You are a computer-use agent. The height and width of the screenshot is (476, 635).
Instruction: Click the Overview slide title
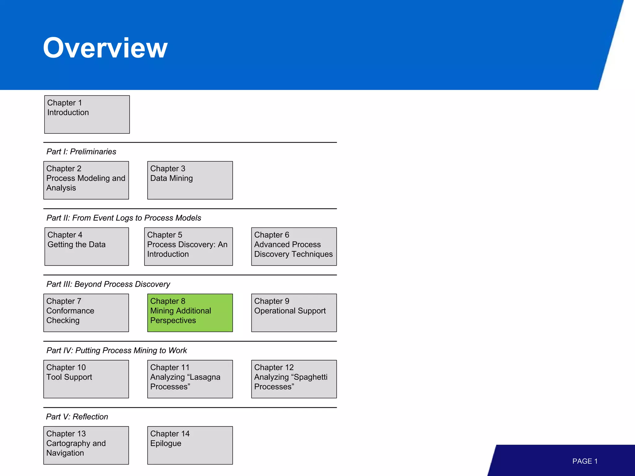(x=105, y=48)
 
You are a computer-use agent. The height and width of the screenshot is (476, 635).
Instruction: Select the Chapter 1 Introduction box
(x=87, y=114)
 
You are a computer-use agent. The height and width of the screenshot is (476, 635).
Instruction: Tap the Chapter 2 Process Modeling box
(x=86, y=180)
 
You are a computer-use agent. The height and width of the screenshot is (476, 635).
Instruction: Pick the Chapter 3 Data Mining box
(x=190, y=180)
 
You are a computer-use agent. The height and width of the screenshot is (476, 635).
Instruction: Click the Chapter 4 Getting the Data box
(x=87, y=246)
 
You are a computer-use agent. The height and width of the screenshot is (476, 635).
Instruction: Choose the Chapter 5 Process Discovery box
(x=188, y=246)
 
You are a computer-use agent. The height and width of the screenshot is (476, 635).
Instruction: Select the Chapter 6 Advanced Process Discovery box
(x=294, y=246)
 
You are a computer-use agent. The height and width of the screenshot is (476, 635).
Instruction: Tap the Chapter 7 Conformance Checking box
(x=86, y=313)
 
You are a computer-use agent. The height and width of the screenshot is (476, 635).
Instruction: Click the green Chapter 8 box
(x=190, y=313)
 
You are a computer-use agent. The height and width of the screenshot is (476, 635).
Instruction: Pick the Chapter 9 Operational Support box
(x=294, y=313)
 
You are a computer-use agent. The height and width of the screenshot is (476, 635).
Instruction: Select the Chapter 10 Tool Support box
(x=86, y=379)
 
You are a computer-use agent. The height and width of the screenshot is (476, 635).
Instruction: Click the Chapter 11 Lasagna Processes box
(x=190, y=379)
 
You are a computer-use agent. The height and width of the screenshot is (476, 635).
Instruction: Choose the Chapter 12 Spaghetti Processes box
(x=294, y=379)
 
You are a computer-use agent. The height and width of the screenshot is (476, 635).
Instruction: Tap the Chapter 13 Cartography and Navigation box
(x=86, y=445)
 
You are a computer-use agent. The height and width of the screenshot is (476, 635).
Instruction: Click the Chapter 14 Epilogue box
(x=190, y=445)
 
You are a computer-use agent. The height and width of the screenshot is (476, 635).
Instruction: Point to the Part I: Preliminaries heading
(x=81, y=152)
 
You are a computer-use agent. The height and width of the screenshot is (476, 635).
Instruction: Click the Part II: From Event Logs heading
(x=124, y=218)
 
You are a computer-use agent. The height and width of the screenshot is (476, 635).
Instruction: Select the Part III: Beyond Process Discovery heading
(x=108, y=284)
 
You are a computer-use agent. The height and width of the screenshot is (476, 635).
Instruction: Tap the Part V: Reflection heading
(x=77, y=417)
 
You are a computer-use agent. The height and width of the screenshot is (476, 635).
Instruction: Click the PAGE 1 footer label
(x=585, y=461)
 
